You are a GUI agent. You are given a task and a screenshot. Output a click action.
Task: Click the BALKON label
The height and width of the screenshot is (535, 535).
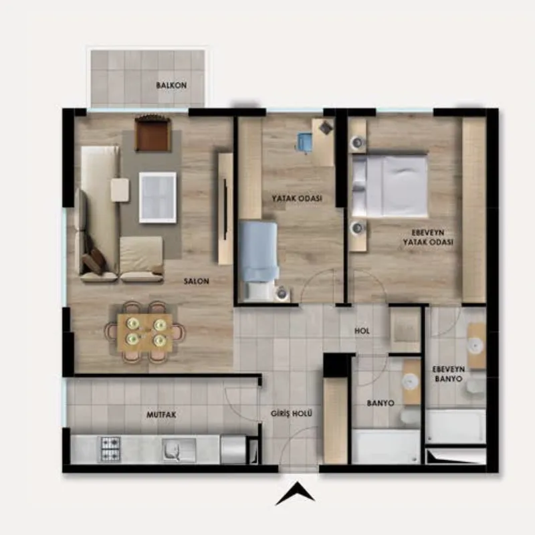pyautogui.click(x=171, y=86)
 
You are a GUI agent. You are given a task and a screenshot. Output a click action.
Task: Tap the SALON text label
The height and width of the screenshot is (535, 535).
pyautogui.click(x=196, y=281)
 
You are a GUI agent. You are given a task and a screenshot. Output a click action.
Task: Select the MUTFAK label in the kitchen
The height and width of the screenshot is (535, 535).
pyautogui.click(x=161, y=415)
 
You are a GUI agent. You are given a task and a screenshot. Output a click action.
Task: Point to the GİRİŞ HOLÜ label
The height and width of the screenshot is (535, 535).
pyautogui.click(x=292, y=413)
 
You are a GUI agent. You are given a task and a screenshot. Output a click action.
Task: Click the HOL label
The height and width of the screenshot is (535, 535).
pyautogui.click(x=362, y=330)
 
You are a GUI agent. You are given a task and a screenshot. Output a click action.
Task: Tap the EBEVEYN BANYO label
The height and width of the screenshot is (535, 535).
pyautogui.click(x=448, y=374)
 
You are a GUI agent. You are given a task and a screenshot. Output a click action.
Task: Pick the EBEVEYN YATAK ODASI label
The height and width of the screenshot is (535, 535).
pyautogui.click(x=428, y=237)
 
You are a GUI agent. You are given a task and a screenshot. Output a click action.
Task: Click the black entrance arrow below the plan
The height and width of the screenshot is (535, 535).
pyautogui.click(x=295, y=494)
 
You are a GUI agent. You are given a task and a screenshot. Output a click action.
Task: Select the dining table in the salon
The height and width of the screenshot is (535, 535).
pyautogui.click(x=144, y=332)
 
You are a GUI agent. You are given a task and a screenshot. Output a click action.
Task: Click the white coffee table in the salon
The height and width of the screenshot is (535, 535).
pyautogui.click(x=158, y=197)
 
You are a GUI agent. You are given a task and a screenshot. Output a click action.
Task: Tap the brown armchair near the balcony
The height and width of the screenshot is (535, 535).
pyautogui.click(x=152, y=133)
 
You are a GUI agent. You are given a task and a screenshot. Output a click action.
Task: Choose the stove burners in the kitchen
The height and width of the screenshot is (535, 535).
pyautogui.click(x=110, y=449)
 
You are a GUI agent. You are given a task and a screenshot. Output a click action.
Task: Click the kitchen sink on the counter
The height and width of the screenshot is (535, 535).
pyautogui.click(x=173, y=450)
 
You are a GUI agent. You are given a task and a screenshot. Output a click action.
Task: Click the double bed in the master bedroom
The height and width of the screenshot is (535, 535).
pyautogui.click(x=390, y=186)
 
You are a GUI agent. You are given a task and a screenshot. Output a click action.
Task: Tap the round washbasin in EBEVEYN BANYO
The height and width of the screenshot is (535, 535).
pyautogui.click(x=476, y=346)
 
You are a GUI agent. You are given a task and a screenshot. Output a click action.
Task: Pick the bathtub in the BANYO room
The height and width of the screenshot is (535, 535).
pyautogui.click(x=386, y=446)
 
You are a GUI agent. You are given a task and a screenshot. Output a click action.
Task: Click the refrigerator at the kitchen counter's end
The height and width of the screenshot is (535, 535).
pyautogui.click(x=233, y=449)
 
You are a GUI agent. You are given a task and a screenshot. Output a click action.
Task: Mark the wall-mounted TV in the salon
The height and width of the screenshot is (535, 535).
pyautogui.click(x=225, y=209)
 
